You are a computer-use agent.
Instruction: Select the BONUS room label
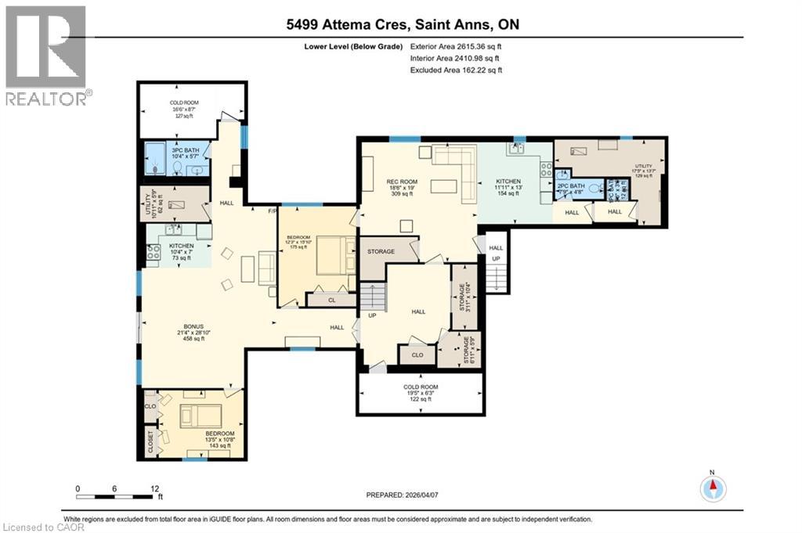[193, 328]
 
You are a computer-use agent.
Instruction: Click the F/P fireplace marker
[272, 211]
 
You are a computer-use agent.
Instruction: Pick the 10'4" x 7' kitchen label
[181, 251]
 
